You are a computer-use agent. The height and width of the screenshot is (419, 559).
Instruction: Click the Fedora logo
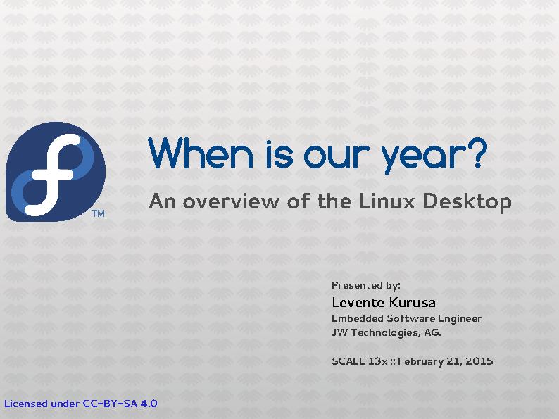pyautogui.click(x=55, y=171)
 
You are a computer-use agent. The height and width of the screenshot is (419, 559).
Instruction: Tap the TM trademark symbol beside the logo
pyautogui.click(x=99, y=213)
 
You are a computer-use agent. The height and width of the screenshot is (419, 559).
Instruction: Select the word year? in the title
pyautogui.click(x=433, y=156)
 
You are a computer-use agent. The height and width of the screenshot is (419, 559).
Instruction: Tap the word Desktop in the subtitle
pyautogui.click(x=467, y=203)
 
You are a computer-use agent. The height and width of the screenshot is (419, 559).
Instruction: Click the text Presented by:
pyautogui.click(x=366, y=285)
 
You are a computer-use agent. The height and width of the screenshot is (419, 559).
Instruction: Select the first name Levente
pyautogui.click(x=356, y=303)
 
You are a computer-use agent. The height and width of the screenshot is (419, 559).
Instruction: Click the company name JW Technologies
pyautogui.click(x=376, y=333)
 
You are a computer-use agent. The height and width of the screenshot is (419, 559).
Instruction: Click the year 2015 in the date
pyautogui.click(x=479, y=361)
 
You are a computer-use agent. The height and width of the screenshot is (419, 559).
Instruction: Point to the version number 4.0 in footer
pyautogui.click(x=149, y=404)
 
